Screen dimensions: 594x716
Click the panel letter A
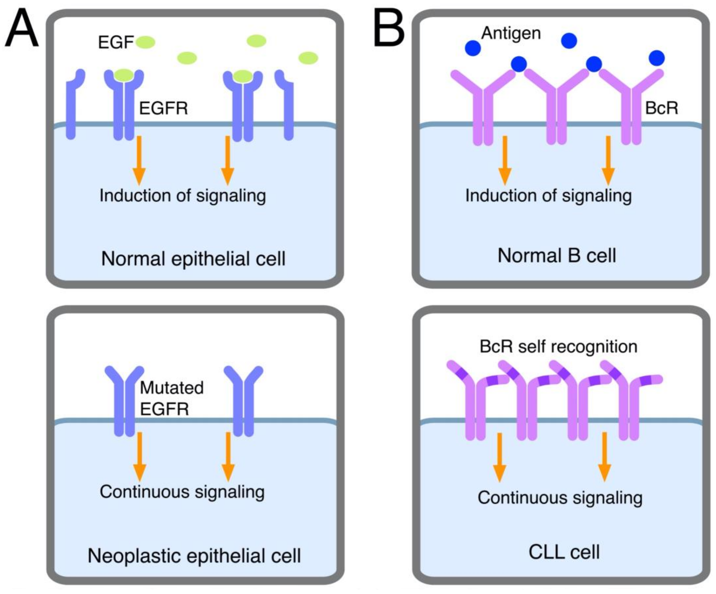22,29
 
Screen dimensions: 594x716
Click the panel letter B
389,29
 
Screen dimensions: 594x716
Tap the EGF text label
116,43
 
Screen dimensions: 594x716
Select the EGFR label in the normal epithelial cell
163,109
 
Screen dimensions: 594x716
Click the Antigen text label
511,33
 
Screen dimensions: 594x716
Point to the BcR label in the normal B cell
662,109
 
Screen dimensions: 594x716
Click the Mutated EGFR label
172,398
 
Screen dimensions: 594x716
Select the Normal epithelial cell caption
193,259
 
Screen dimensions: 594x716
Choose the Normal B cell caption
557,256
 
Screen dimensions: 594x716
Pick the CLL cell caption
564,552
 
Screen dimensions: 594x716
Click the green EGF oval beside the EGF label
146,43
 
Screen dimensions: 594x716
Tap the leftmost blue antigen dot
473,48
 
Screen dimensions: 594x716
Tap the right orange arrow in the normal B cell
608,160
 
